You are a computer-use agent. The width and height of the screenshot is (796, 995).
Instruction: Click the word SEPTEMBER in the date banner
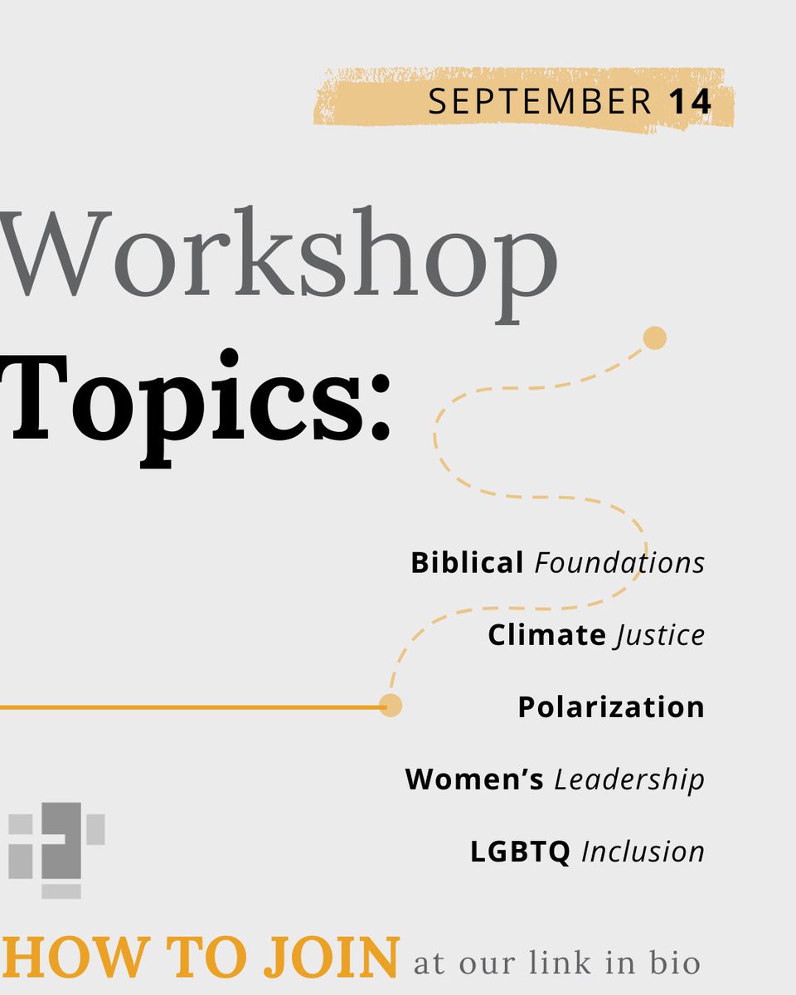[539, 102]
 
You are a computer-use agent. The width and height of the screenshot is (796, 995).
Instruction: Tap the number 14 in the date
[689, 102]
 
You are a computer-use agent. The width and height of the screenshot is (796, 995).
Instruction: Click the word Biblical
[467, 563]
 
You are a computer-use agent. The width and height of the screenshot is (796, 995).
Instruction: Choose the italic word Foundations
[619, 563]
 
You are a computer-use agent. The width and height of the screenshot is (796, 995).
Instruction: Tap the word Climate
[546, 635]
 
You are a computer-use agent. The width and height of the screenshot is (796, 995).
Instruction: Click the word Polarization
[611, 707]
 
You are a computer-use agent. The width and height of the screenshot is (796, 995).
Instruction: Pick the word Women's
[474, 779]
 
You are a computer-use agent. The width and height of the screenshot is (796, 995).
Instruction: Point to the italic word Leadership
[629, 780]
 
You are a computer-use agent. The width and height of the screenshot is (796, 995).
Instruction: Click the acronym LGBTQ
[520, 852]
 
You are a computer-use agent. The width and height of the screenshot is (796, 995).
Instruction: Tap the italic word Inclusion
[643, 852]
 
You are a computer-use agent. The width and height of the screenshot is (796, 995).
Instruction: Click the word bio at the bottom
[677, 964]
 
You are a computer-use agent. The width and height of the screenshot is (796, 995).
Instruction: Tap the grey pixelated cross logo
[56, 849]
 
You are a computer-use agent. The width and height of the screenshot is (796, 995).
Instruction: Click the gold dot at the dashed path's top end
[655, 338]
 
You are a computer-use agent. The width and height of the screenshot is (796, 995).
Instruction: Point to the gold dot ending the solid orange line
[391, 706]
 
